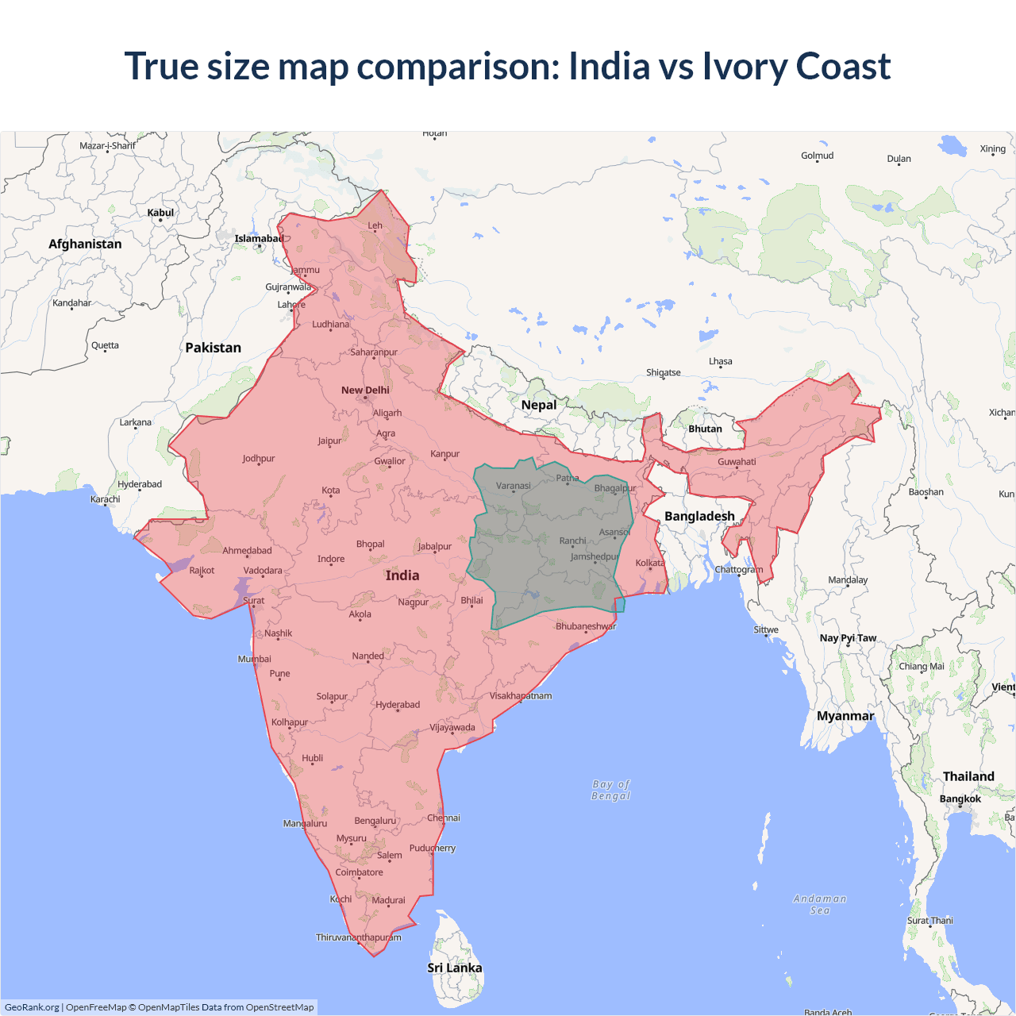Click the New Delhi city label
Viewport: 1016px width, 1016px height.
coord(365,390)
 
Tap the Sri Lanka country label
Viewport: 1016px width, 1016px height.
coord(454,968)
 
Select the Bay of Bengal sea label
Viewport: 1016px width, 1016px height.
coord(610,790)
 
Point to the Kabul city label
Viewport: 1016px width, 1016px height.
coord(160,213)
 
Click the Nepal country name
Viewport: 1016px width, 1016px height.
coord(539,405)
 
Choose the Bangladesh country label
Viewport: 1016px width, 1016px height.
coord(699,516)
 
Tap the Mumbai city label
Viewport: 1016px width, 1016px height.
coord(255,659)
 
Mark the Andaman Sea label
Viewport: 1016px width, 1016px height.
coord(820,904)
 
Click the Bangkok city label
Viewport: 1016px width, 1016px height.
coord(960,799)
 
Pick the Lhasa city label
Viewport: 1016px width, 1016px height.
coord(721,361)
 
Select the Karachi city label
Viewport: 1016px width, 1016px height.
coord(106,499)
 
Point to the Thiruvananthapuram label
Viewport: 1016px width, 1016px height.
coord(359,937)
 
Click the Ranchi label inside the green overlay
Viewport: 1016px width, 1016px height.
coord(572,541)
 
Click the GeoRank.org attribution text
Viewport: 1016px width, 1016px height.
coord(32,1007)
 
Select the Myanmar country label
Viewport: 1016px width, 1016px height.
coord(845,716)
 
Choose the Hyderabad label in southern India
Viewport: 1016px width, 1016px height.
coord(398,705)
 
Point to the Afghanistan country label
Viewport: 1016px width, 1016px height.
coord(85,244)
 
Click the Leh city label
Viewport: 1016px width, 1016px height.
coord(375,225)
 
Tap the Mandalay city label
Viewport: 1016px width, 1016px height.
coord(848,579)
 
